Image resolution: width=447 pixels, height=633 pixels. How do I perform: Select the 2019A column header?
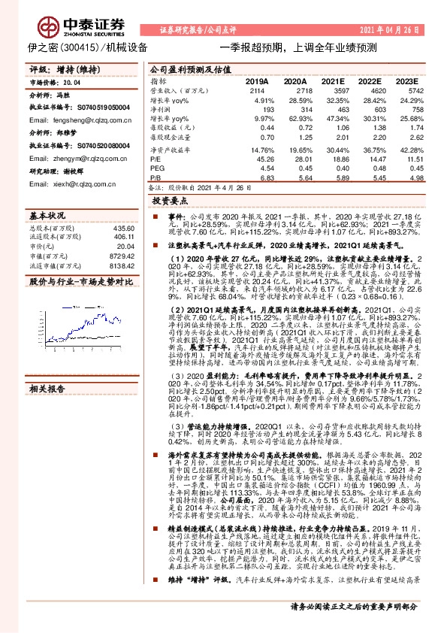click(x=258, y=80)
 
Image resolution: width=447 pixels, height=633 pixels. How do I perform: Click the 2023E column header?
click(x=406, y=80)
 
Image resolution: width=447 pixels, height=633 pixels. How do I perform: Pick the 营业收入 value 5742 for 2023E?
click(x=407, y=90)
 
